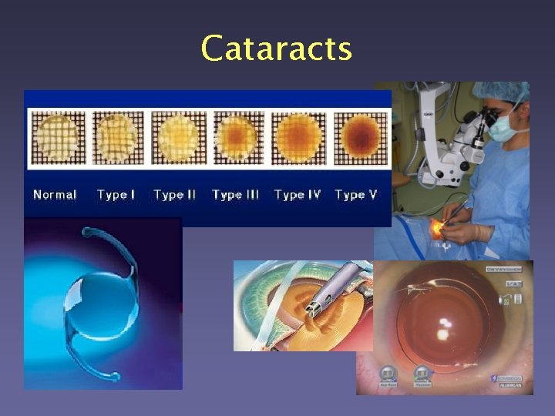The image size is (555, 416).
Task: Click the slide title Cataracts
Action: (276, 49)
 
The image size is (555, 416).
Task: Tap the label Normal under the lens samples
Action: (55, 195)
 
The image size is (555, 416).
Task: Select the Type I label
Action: (116, 195)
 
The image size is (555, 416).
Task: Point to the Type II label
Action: (174, 195)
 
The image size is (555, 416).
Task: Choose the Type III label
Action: (235, 195)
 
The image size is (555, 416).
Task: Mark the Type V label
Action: (355, 195)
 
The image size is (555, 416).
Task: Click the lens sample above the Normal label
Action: (57, 137)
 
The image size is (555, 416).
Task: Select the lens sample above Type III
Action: (238, 137)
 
